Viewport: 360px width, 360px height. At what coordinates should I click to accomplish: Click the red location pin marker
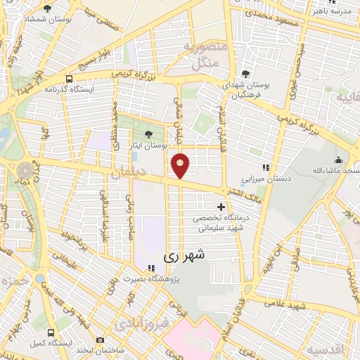[x=181, y=165]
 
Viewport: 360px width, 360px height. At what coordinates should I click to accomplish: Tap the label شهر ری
[x=186, y=257]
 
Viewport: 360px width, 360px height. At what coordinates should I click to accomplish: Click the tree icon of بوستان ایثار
[x=148, y=134]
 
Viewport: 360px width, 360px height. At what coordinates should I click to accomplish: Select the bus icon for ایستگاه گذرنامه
[x=69, y=79]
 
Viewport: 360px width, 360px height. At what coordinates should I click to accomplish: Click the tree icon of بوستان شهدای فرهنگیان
[x=245, y=73]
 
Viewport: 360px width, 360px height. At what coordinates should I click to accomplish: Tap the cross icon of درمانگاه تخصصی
[x=222, y=207]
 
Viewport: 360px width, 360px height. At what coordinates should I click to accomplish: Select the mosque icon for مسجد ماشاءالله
[x=338, y=160]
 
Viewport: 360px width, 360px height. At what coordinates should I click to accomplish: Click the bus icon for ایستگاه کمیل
[x=50, y=332]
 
